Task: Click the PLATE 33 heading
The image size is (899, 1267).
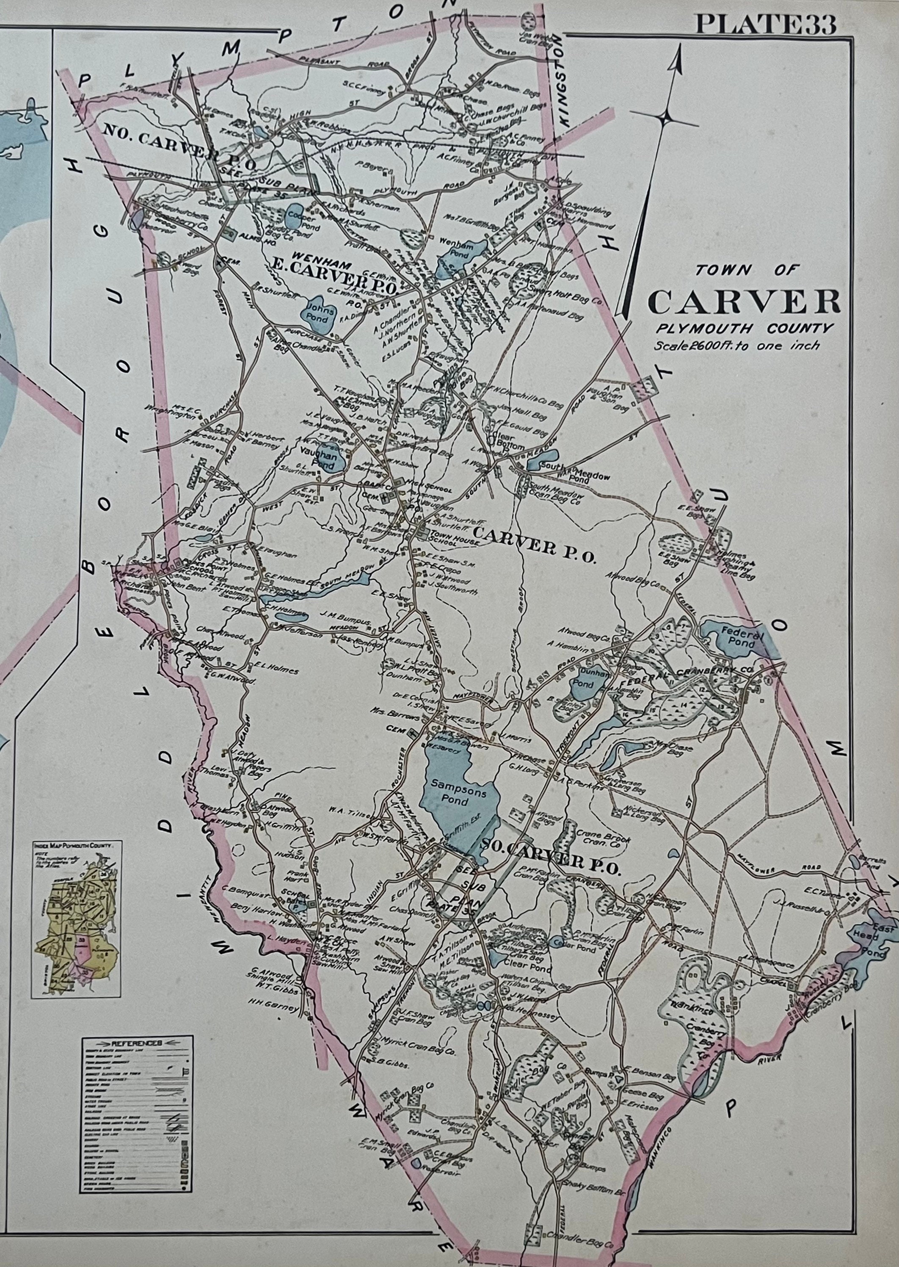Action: click(766, 25)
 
